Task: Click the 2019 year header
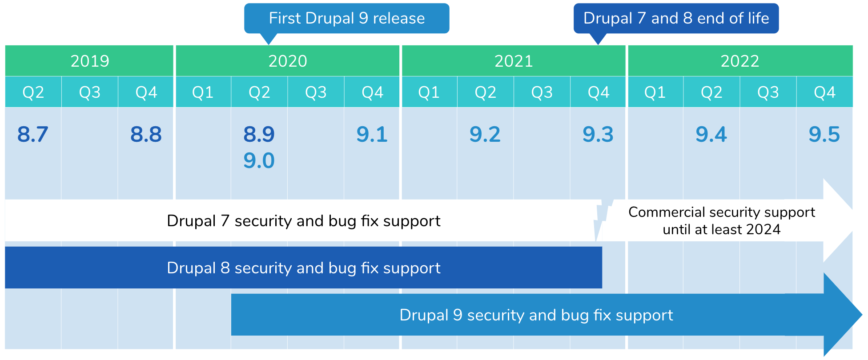89,61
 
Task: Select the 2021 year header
514,61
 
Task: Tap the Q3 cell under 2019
89,92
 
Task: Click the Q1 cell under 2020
203,92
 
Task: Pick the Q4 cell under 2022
824,92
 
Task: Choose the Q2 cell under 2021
485,92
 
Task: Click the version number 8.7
32,134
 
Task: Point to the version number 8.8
146,134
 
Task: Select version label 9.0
259,160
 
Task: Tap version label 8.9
259,134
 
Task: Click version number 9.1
372,134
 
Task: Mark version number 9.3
598,134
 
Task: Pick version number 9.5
824,134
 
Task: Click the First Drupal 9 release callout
346,18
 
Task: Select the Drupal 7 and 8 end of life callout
676,18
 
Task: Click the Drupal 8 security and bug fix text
303,268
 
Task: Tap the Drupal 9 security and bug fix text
536,315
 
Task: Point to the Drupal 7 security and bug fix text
303,221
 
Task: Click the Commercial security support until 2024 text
721,221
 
